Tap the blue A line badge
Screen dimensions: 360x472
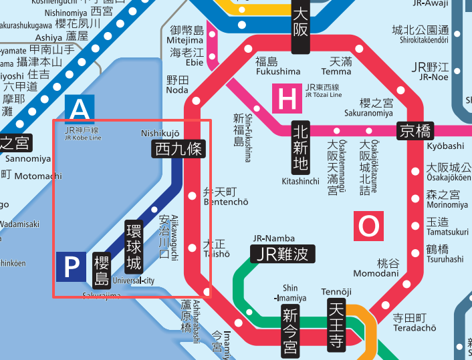click(x=80, y=109)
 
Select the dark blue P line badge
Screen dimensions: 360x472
click(x=70, y=267)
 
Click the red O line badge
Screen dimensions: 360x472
click(x=368, y=227)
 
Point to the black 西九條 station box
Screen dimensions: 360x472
click(x=178, y=149)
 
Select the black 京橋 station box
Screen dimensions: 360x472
click(x=415, y=131)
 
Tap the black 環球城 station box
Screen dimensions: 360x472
click(x=134, y=246)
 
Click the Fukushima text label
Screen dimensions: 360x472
click(x=278, y=71)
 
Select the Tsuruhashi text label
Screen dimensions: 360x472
click(x=445, y=259)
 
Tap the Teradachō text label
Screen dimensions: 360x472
click(x=415, y=328)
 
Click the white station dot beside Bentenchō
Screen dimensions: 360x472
click(x=193, y=196)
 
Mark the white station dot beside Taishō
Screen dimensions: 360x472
click(x=193, y=248)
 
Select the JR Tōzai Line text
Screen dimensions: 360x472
click(x=324, y=95)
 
